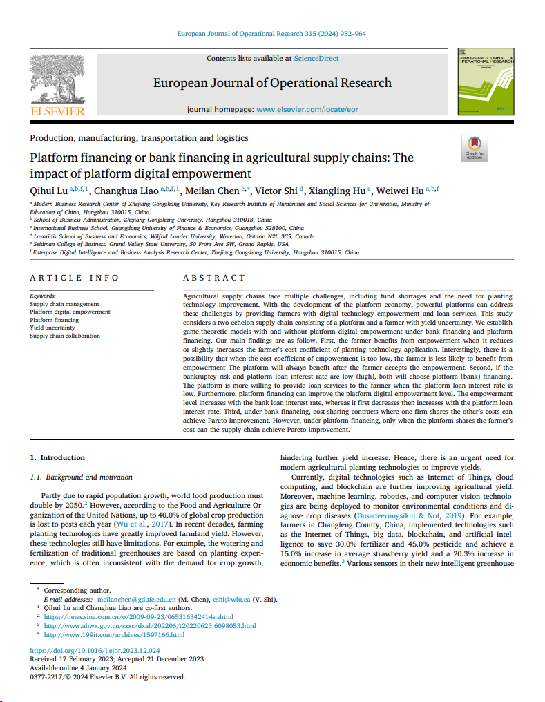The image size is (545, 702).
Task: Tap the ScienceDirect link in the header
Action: [316, 59]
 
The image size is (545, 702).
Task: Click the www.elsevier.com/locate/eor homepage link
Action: [307, 110]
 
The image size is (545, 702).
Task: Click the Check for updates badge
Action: [474, 147]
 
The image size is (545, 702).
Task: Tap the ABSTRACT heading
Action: [213, 278]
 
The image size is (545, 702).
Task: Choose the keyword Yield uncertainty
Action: [52, 328]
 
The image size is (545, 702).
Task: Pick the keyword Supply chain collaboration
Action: [65, 336]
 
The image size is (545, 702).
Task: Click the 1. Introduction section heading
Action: [57, 457]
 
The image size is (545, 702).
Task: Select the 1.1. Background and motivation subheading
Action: [81, 477]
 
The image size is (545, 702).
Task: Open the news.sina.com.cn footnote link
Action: [139, 616]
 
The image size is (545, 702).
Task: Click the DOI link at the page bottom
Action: [95, 651]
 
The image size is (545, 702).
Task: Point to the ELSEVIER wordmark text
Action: [57, 111]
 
